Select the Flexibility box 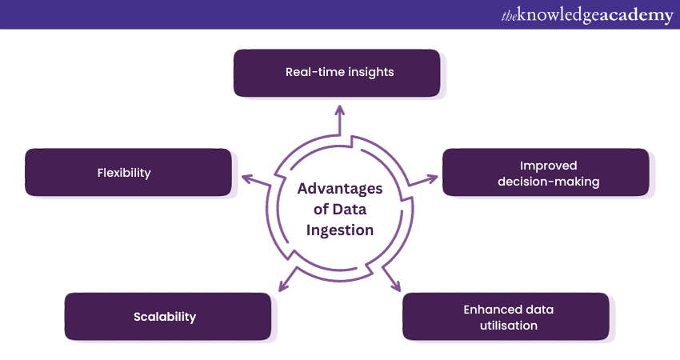tap(128, 172)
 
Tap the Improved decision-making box tap(547, 172)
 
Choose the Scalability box tap(166, 316)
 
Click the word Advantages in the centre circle tap(340, 189)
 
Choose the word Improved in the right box tap(548, 165)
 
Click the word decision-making tap(548, 181)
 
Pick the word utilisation tap(506, 325)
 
